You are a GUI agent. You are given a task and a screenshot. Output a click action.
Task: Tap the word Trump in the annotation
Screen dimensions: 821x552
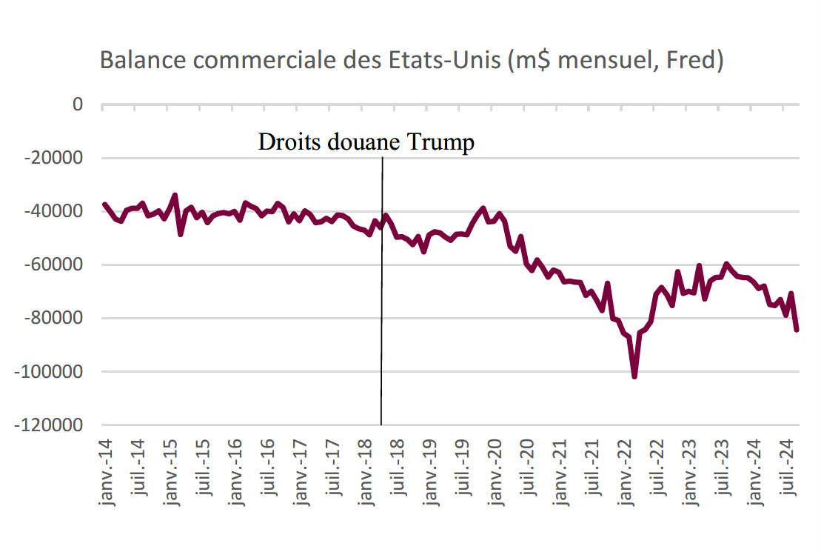click(441, 142)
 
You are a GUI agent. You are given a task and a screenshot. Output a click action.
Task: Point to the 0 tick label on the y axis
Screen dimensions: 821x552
click(78, 104)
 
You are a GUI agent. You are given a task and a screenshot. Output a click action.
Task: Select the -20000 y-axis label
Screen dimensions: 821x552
click(53, 157)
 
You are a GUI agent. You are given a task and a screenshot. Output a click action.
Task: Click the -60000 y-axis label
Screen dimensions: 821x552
click(53, 265)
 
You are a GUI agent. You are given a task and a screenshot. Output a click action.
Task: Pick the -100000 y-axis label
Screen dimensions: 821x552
click(49, 372)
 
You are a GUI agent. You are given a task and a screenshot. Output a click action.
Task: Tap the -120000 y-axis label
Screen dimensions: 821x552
click(49, 425)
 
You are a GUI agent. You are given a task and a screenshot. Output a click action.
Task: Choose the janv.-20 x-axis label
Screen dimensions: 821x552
click(495, 472)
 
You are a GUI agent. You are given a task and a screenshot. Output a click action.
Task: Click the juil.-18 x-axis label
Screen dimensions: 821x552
click(398, 467)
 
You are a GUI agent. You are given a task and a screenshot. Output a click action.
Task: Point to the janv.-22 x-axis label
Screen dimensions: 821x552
click(625, 472)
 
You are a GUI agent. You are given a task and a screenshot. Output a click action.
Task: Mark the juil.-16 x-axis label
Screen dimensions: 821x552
click(268, 467)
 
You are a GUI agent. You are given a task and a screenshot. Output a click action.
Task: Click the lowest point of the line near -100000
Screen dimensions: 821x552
click(634, 376)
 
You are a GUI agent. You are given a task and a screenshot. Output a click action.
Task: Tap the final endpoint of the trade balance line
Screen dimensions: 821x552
click(797, 330)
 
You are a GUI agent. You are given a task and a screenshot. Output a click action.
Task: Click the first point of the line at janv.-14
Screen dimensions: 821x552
click(104, 204)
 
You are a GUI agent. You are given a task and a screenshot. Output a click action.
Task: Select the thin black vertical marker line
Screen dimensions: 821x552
click(382, 291)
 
